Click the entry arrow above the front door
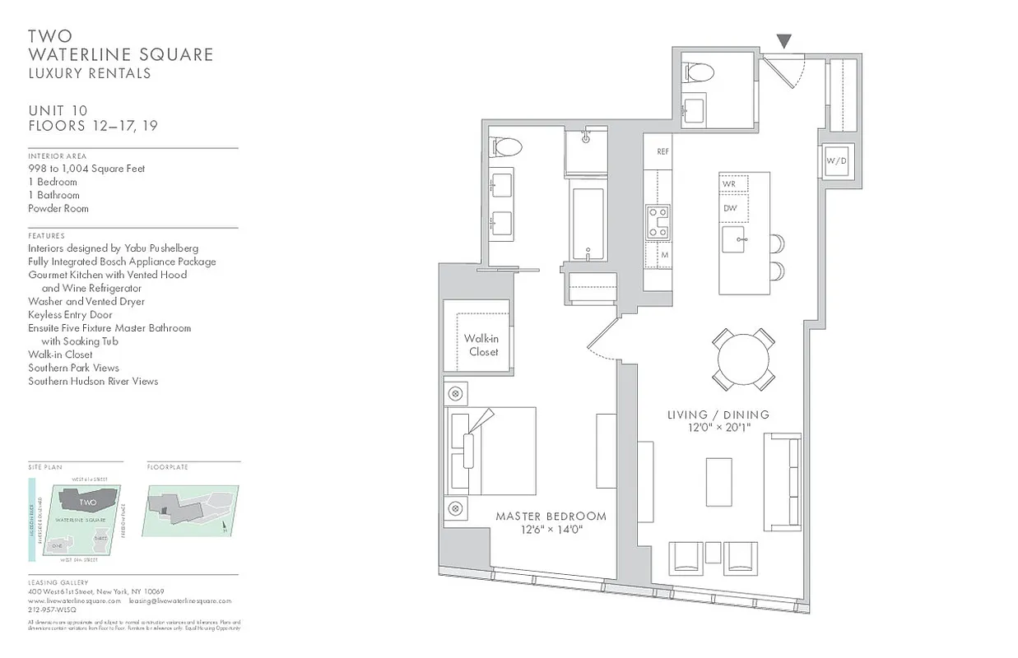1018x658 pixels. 784,40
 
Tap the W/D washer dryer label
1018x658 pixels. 835,161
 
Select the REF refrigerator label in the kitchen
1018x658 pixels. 662,152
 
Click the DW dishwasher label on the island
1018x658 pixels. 730,208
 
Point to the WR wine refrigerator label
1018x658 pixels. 729,183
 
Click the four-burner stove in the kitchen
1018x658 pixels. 658,221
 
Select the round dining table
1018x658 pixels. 743,359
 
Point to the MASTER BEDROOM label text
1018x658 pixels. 551,517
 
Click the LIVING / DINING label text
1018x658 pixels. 718,415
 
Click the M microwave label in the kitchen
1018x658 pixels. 663,256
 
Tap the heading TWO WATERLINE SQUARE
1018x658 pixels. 120,45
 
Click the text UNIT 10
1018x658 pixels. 58,111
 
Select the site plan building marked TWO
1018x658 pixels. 89,502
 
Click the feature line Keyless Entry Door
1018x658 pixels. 70,314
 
